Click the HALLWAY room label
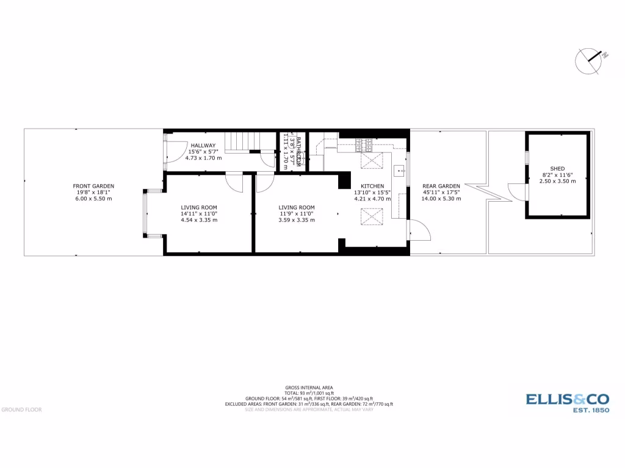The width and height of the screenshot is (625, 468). [x=203, y=145]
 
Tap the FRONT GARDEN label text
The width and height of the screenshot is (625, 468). [x=93, y=186]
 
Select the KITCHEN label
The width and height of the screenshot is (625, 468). [x=372, y=186]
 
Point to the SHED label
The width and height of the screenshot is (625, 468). [x=557, y=168]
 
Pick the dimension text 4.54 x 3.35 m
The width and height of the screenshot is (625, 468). [x=199, y=220]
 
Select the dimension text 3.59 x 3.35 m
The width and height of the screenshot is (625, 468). [x=297, y=220]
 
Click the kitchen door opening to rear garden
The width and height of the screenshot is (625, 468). [x=420, y=230]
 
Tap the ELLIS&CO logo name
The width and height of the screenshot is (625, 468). [x=567, y=399]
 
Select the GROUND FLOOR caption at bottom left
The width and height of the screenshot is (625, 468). [x=21, y=409]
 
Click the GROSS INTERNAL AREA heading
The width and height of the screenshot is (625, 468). [x=308, y=388]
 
